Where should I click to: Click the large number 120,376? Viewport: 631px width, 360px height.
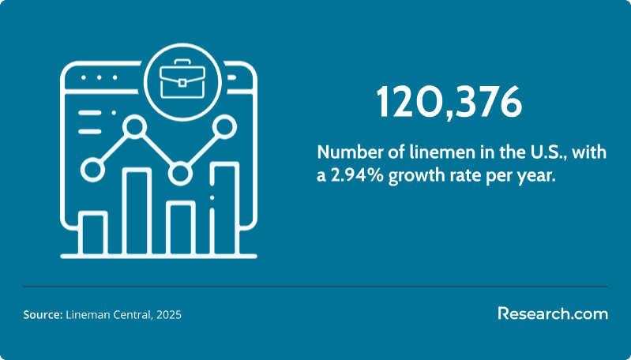(449, 102)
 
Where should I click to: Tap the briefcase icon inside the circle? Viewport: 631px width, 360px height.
(182, 79)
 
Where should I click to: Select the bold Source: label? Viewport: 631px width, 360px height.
(43, 314)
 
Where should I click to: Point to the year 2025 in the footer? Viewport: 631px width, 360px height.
(169, 314)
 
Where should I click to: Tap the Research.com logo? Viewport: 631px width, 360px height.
(553, 313)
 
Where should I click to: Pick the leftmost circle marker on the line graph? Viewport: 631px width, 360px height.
(92, 170)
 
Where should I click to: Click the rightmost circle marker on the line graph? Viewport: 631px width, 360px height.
(224, 126)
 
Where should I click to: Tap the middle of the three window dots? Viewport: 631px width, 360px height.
(99, 77)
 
